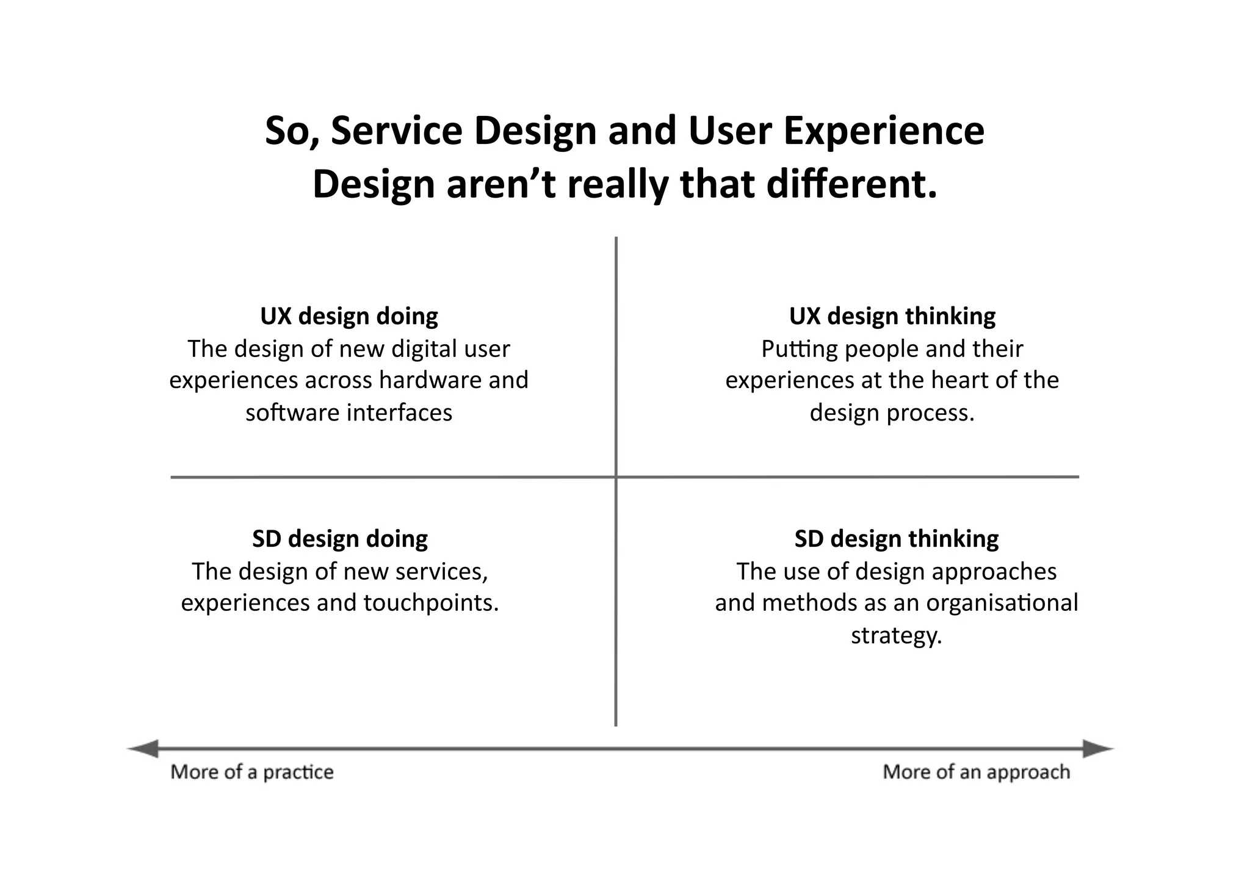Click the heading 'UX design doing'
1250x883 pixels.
tap(349, 316)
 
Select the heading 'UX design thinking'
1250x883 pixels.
tap(892, 316)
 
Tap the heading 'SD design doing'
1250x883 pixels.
tap(340, 539)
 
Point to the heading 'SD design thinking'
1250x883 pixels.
tap(896, 539)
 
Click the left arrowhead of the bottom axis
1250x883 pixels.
tap(144, 749)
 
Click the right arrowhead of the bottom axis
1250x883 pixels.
tap(1097, 749)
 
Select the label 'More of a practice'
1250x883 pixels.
tap(252, 772)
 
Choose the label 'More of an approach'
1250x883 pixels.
tap(976, 772)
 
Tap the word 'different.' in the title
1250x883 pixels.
tap(851, 184)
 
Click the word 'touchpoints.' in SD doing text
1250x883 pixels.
tap(432, 603)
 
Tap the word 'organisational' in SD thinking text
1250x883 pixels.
tap(1002, 603)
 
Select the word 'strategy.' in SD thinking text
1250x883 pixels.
tap(896, 636)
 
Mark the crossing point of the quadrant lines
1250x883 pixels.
tap(616, 477)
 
